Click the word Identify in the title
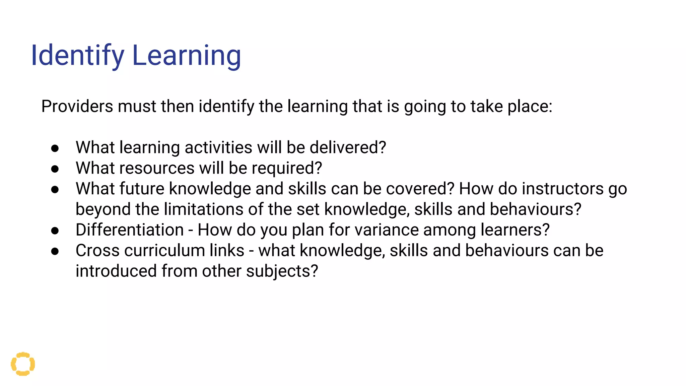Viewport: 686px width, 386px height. tap(77, 56)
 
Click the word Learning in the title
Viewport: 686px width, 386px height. tap(187, 56)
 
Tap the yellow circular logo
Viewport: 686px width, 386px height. tap(23, 364)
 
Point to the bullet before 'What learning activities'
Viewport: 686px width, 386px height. tap(55, 148)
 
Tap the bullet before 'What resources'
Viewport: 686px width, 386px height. tap(55, 169)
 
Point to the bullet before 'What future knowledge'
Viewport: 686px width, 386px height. tap(55, 189)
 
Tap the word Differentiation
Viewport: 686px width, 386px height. tap(130, 230)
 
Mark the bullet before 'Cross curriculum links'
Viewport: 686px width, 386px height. tap(55, 251)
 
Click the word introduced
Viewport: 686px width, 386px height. tap(116, 271)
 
